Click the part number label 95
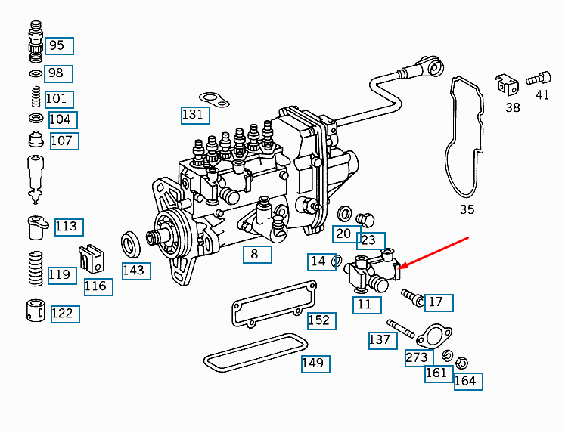point(59,45)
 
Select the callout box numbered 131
point(194,115)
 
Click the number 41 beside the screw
point(542,94)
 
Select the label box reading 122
point(65,313)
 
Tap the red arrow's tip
point(399,268)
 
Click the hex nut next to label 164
point(464,362)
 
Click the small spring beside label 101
point(35,97)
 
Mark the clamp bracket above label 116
point(92,259)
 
